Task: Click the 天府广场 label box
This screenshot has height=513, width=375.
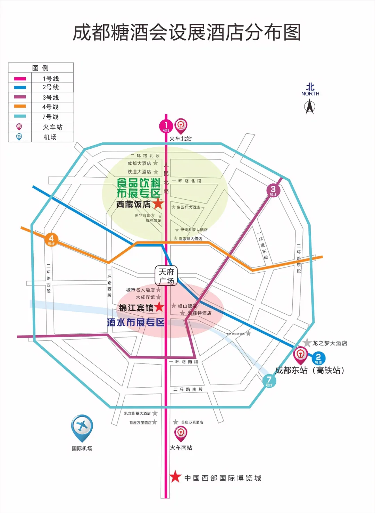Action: coord(166,276)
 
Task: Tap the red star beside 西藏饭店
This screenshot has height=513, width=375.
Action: coord(158,204)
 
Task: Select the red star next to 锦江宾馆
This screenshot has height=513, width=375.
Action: coord(159,307)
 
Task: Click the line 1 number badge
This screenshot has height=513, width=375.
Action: coord(166,126)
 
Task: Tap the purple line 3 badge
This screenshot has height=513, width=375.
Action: coord(273,190)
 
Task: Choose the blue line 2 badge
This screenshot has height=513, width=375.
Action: coord(318,358)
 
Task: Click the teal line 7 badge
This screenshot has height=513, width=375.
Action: coord(269,381)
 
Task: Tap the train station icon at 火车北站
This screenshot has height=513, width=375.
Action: coord(181,125)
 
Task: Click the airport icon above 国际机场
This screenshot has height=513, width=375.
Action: coord(82,426)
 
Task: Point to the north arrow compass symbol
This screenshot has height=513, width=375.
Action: coord(310,106)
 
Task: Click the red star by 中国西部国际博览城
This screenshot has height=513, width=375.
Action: coord(175,477)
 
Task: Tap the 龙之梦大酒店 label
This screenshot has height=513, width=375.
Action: coord(330,343)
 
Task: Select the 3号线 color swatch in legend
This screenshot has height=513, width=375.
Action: coord(20,97)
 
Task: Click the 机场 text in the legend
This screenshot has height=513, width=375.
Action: coord(50,137)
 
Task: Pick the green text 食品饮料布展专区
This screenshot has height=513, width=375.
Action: coord(139,188)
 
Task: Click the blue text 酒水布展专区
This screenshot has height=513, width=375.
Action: coord(136,322)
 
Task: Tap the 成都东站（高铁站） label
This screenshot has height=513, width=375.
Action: coord(310,370)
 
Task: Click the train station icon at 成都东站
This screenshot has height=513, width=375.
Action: coord(300,355)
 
